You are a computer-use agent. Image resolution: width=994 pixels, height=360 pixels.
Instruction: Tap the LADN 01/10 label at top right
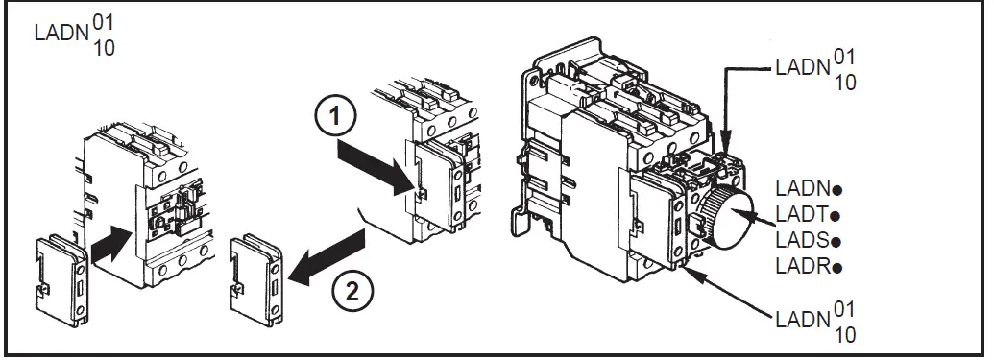click(816, 70)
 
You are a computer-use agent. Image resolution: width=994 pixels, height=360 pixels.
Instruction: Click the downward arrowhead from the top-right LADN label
click(726, 139)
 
